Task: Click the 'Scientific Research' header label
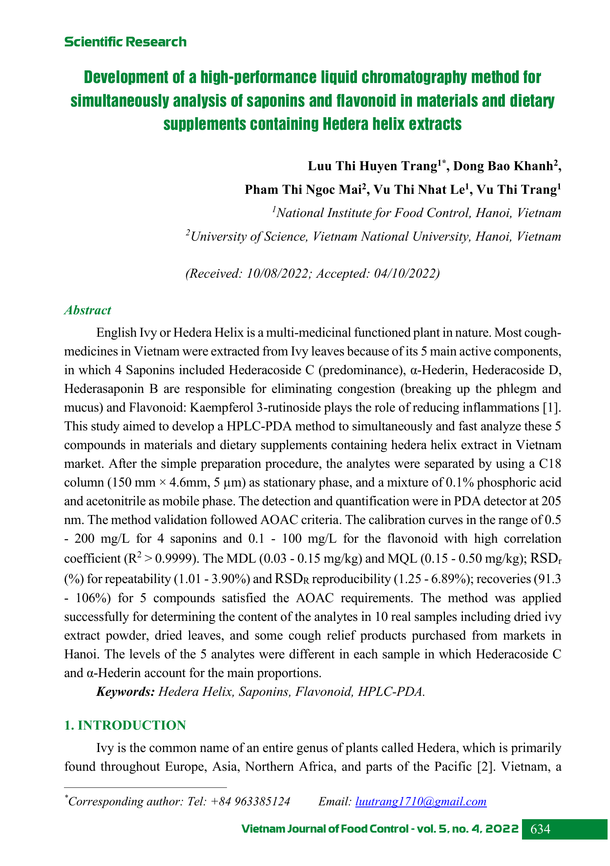click(x=125, y=42)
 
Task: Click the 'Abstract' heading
click(x=88, y=310)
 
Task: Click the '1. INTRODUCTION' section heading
click(x=125, y=725)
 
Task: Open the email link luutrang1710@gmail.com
click(x=421, y=802)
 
